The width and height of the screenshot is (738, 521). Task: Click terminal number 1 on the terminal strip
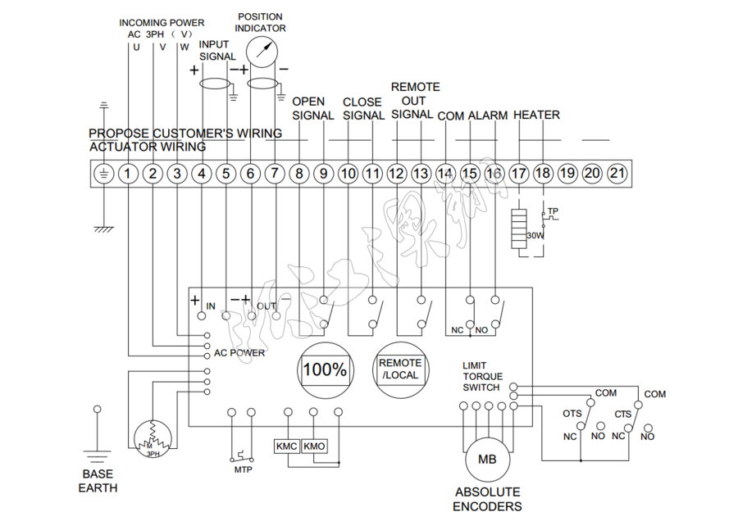(x=129, y=174)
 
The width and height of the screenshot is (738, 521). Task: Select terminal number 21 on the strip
(x=617, y=174)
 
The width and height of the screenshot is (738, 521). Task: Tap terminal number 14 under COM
(x=445, y=174)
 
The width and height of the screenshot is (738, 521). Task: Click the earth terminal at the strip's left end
(x=103, y=174)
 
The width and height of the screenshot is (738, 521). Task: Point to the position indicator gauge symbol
(x=261, y=53)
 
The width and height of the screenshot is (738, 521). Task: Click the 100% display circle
(x=326, y=369)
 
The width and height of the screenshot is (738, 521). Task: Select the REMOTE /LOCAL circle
(x=400, y=369)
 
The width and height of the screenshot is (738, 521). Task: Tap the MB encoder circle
(x=487, y=460)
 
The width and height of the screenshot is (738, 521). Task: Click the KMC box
(x=286, y=446)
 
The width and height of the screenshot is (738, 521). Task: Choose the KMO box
(x=314, y=446)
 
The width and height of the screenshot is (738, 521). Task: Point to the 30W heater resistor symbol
(x=518, y=230)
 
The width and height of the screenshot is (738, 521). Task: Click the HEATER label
(x=536, y=116)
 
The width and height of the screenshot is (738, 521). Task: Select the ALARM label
(x=487, y=116)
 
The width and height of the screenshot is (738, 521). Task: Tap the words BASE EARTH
(x=98, y=481)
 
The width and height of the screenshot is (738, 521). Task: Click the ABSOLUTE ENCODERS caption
(x=488, y=499)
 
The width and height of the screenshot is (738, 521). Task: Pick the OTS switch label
(x=572, y=415)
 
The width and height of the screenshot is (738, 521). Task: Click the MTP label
(x=243, y=470)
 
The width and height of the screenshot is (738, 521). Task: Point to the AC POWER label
(x=239, y=353)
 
